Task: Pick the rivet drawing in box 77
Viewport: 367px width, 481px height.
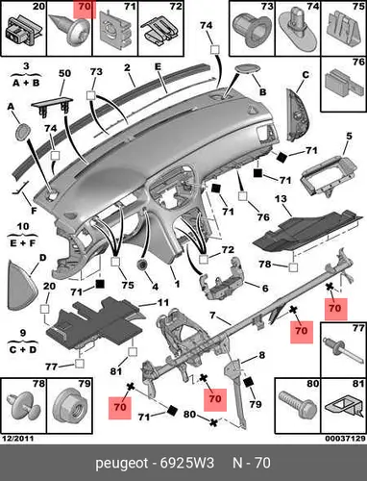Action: [x=342, y=350]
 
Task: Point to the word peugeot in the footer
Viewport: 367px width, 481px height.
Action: [x=122, y=464]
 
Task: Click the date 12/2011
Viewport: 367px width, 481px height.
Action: [x=18, y=438]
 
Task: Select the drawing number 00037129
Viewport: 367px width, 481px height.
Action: [x=345, y=438]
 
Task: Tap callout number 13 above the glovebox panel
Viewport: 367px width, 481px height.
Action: [x=281, y=199]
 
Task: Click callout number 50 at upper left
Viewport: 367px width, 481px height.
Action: [x=64, y=74]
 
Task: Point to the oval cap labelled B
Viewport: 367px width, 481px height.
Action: [x=247, y=69]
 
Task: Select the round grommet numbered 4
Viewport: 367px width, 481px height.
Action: [x=141, y=266]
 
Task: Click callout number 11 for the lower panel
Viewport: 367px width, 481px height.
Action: [x=162, y=302]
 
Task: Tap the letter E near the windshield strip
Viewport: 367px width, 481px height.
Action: [x=158, y=66]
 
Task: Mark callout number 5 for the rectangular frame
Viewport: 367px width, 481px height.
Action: [x=349, y=137]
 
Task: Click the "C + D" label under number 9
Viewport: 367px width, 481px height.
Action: [x=23, y=349]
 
